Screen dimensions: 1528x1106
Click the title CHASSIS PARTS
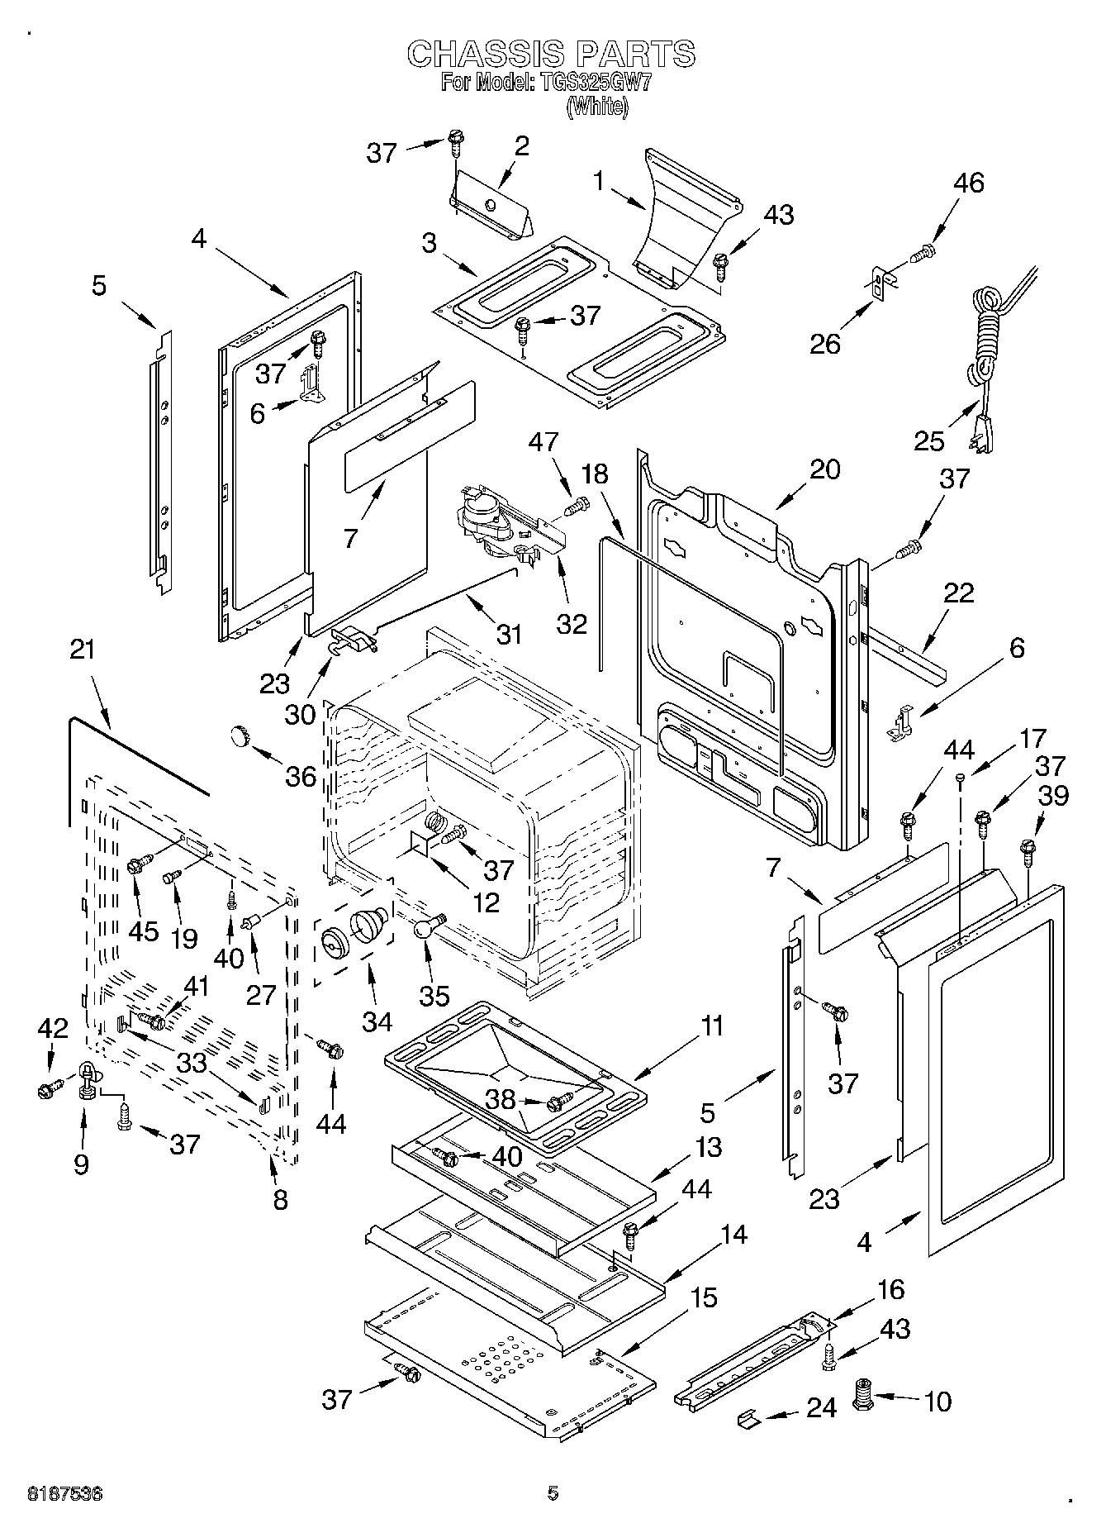[552, 54]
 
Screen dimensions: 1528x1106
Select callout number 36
[301, 775]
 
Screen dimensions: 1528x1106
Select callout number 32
[572, 622]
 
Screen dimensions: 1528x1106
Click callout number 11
[712, 1026]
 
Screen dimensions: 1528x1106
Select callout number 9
[81, 1164]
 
